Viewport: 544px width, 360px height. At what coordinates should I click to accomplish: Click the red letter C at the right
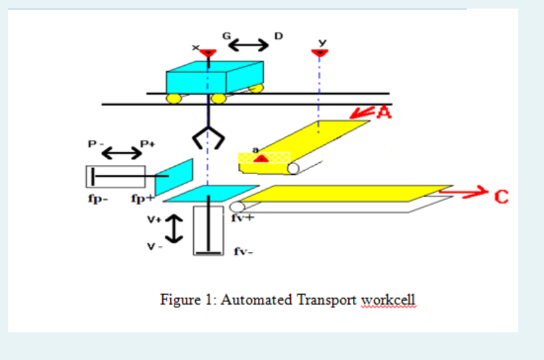tap(502, 196)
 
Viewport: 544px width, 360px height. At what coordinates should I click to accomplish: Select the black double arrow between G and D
tap(249, 44)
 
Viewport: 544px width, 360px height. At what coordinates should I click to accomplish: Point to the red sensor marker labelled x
tap(208, 53)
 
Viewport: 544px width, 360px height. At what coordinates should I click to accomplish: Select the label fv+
tap(243, 220)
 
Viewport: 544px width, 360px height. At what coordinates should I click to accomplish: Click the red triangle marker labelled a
tap(260, 158)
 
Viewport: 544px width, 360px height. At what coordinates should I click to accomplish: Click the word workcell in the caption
tap(388, 300)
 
